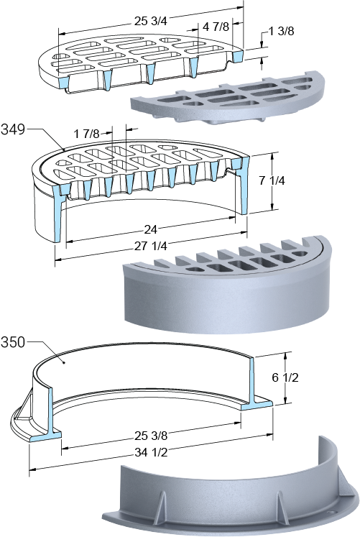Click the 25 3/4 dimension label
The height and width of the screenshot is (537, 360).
point(150,22)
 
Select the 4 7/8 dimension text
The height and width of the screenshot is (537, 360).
point(216,27)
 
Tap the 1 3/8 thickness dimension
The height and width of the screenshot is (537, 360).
point(281,31)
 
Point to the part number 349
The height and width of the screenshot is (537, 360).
point(13,130)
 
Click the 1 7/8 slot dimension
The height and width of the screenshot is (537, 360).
point(87,134)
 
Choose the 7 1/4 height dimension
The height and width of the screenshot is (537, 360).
point(272,180)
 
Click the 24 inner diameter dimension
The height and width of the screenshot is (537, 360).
point(150,230)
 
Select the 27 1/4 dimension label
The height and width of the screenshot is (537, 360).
point(151,246)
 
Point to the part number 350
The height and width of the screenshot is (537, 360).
point(13,342)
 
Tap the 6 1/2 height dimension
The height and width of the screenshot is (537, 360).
point(285,377)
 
